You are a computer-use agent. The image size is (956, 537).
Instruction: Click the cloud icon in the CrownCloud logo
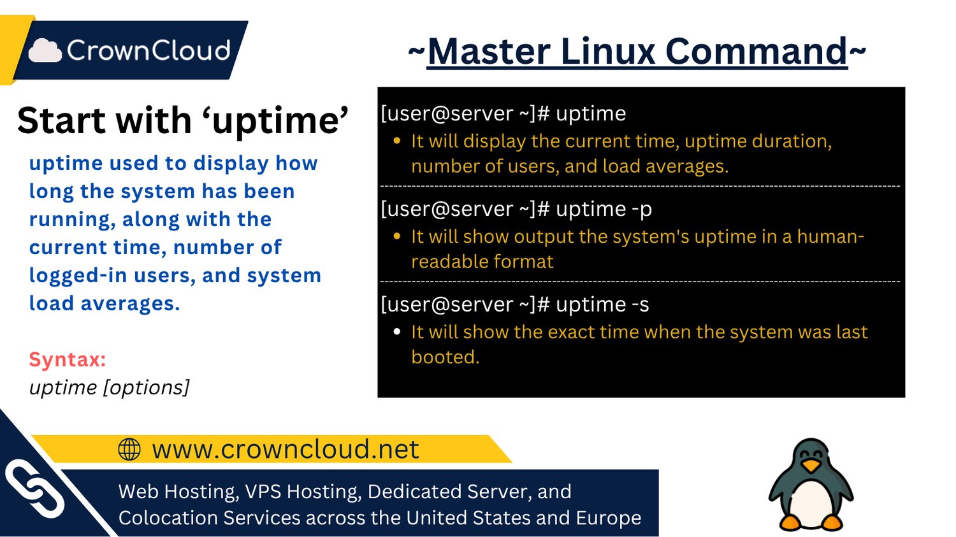[45, 50]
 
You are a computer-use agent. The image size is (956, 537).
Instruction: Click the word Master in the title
[488, 51]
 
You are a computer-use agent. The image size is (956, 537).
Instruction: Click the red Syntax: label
[67, 359]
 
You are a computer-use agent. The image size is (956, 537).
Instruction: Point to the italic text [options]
[146, 387]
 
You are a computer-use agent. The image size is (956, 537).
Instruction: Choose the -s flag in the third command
[641, 304]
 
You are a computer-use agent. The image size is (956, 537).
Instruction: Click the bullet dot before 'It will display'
[397, 141]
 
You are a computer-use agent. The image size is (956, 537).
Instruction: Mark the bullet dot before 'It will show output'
[397, 236]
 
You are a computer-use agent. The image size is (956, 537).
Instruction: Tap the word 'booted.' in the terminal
[445, 357]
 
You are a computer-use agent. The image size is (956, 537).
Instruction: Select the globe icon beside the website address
[129, 449]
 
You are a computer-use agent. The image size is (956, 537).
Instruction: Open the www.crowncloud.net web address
[285, 449]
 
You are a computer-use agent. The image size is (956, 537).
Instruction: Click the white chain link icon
[35, 489]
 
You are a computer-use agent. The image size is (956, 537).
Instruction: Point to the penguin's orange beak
[811, 466]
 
